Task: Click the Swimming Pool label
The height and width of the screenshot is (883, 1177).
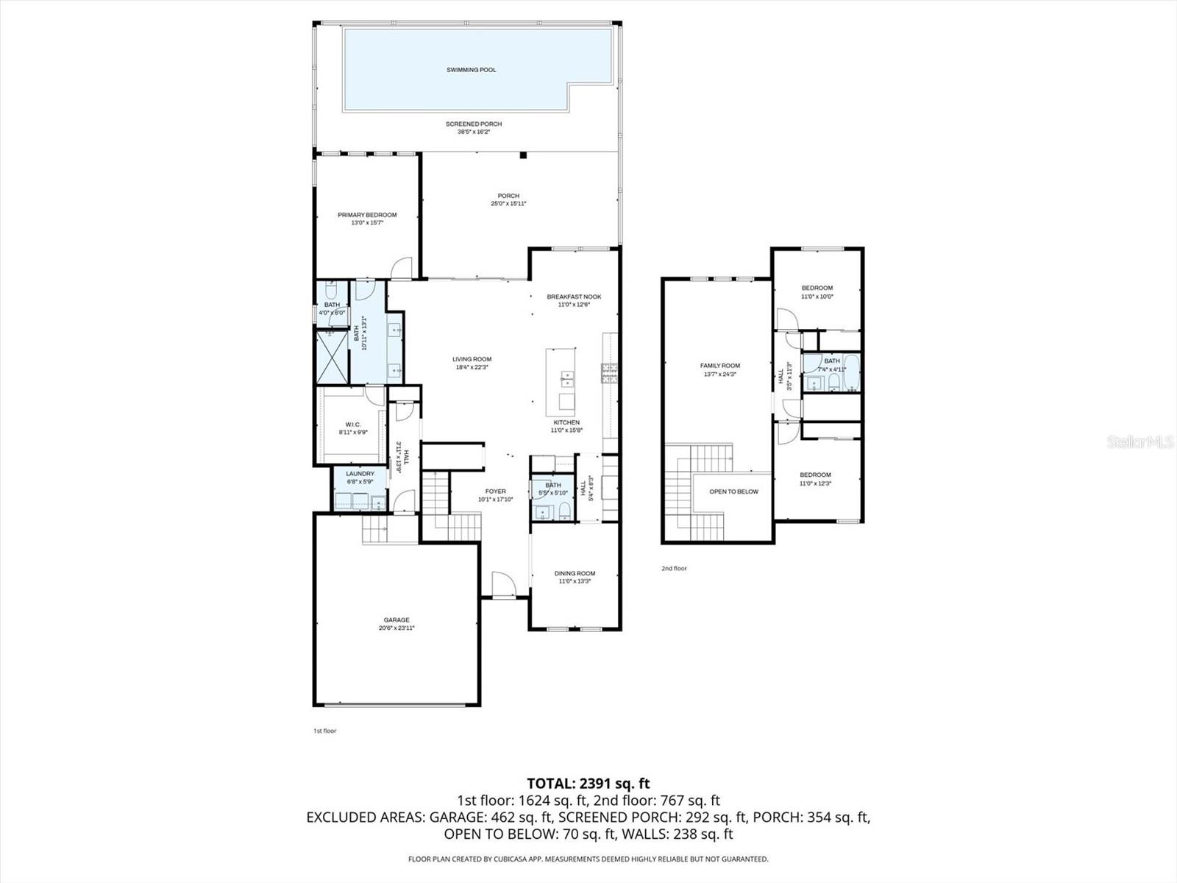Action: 471,70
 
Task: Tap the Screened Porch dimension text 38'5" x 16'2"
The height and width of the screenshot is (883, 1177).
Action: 473,132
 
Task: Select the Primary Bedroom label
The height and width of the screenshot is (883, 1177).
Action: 367,215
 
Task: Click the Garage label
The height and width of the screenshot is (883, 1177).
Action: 396,620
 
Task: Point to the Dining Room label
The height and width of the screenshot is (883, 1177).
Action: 575,573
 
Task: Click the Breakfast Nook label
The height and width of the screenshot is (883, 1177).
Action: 574,297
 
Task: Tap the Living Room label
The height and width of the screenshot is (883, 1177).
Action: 472,359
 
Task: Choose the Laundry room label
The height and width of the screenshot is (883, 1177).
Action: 360,473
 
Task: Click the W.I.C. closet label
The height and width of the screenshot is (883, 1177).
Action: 352,424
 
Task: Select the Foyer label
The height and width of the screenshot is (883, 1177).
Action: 495,491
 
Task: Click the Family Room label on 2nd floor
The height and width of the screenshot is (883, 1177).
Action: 719,365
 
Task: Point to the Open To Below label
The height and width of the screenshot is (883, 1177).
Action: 733,492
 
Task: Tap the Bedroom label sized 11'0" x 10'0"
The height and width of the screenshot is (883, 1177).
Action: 817,288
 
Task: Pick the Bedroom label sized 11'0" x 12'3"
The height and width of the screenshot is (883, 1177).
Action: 815,475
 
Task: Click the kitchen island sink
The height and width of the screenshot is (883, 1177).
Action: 567,380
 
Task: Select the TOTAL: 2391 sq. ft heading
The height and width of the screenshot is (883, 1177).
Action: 588,784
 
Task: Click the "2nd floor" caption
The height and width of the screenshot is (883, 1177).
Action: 673,568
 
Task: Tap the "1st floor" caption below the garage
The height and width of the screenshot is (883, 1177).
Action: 324,731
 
